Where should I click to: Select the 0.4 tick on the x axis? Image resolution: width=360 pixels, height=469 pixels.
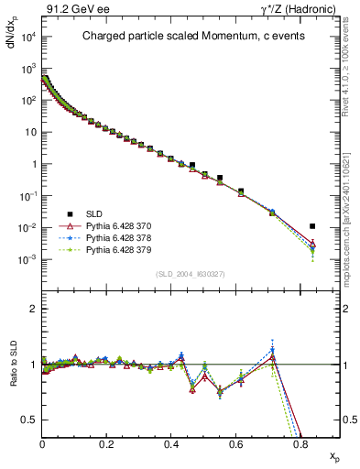171,443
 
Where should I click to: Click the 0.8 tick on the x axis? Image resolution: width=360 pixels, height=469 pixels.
300,443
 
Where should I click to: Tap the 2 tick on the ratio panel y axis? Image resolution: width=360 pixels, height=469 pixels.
34,309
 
